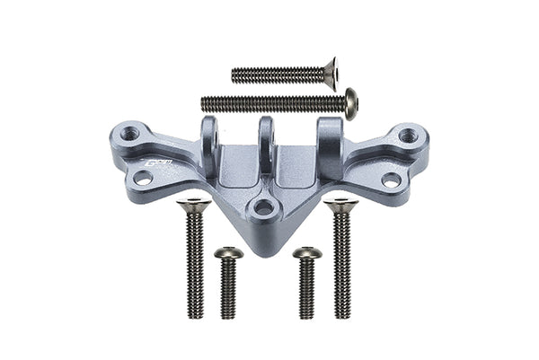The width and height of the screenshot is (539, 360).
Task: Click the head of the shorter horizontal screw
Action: tap(331, 74)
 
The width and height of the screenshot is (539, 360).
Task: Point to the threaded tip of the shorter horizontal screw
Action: tap(234, 75)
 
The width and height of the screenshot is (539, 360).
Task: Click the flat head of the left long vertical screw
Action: tap(194, 207)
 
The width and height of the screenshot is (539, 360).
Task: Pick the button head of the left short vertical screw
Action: tap(228, 254)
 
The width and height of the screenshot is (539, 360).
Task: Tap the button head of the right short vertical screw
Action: tap(307, 254)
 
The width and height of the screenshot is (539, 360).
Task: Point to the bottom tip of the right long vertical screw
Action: tap(341, 315)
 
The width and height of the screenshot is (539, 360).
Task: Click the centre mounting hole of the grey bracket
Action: tap(263, 208)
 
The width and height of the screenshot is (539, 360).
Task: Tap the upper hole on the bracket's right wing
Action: tap(408, 136)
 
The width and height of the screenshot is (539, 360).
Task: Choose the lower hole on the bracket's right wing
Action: tap(391, 180)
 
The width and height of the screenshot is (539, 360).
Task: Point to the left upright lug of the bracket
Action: tap(209, 139)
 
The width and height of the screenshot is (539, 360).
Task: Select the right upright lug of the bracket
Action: tap(329, 140)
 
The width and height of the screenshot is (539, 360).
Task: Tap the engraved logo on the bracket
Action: tap(159, 165)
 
